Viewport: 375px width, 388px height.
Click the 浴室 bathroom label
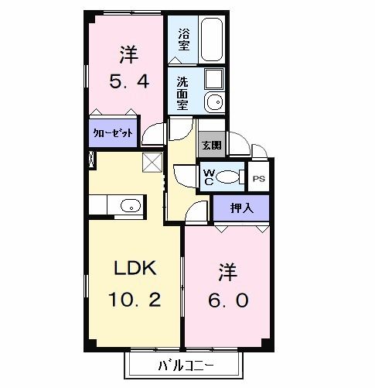pyautogui.click(x=184, y=39)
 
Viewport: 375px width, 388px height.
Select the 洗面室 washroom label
pyautogui.click(x=182, y=92)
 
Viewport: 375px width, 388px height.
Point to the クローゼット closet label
pyautogui.click(x=114, y=133)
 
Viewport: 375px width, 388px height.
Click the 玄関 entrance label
pyautogui.click(x=211, y=144)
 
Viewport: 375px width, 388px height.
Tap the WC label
pyautogui.click(x=209, y=177)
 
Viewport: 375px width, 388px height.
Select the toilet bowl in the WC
pyautogui.click(x=229, y=177)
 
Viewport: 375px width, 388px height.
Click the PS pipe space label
pyautogui.click(x=258, y=177)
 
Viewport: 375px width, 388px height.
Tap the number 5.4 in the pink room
pyautogui.click(x=128, y=81)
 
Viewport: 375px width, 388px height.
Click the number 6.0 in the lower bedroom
pyautogui.click(x=227, y=300)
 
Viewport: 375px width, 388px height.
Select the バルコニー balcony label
pyautogui.click(x=186, y=365)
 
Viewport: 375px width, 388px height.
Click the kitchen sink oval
pyautogui.click(x=130, y=205)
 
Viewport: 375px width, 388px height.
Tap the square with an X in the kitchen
pyautogui.click(x=152, y=162)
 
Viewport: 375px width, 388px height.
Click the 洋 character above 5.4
pyautogui.click(x=128, y=55)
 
